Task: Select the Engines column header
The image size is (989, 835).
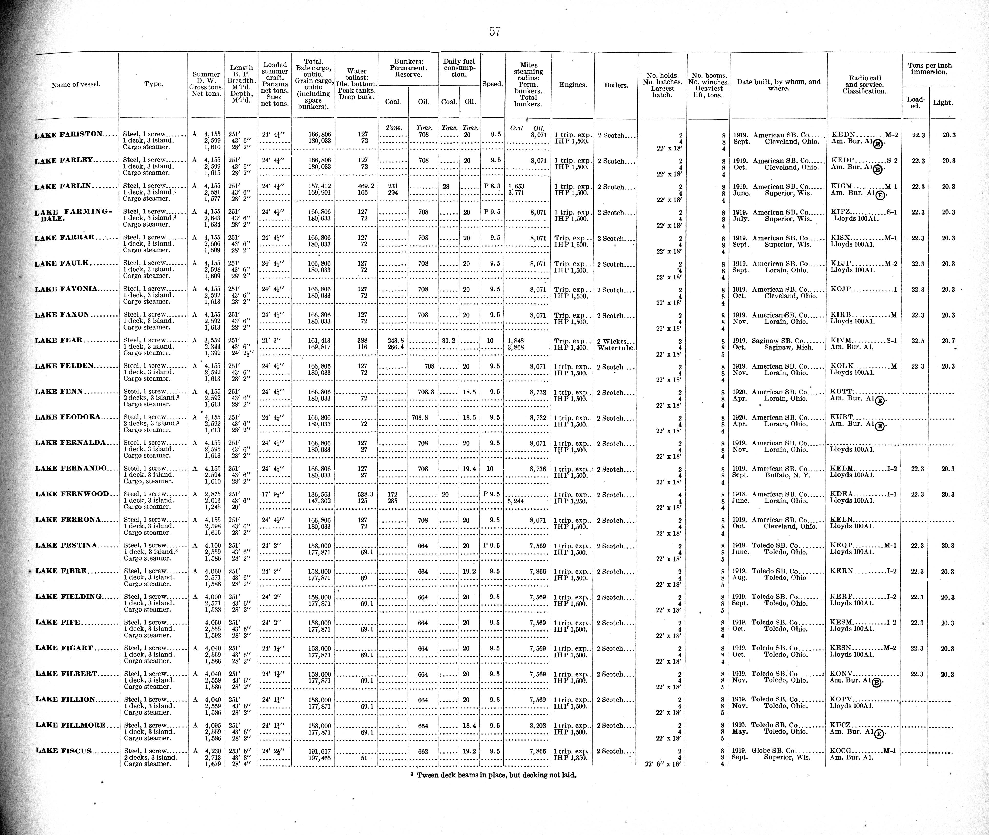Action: tap(573, 85)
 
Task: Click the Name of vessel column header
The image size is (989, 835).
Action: tap(76, 85)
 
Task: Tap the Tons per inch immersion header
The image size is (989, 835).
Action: tap(929, 69)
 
